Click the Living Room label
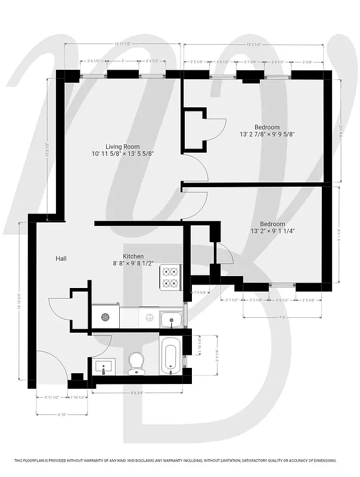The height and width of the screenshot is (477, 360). click(122, 147)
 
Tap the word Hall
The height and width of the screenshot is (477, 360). click(61, 258)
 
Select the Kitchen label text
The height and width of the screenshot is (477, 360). click(133, 256)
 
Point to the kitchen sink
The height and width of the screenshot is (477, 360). click(171, 319)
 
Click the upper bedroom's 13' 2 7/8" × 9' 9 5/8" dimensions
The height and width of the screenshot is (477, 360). click(266, 135)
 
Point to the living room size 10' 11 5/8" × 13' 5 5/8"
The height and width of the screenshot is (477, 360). click(122, 154)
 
